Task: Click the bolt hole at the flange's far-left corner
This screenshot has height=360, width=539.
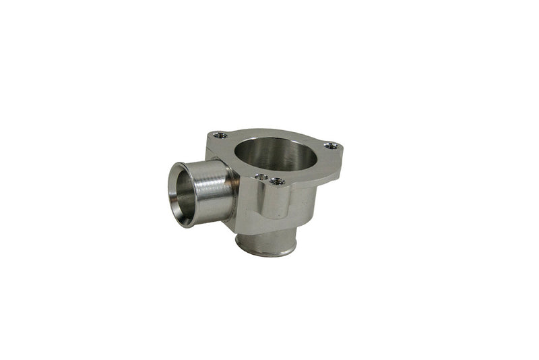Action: pyautogui.click(x=214, y=136)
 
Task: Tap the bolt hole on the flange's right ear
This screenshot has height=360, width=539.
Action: pyautogui.click(x=329, y=145)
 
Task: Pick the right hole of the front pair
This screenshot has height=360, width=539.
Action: pyautogui.click(x=275, y=181)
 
